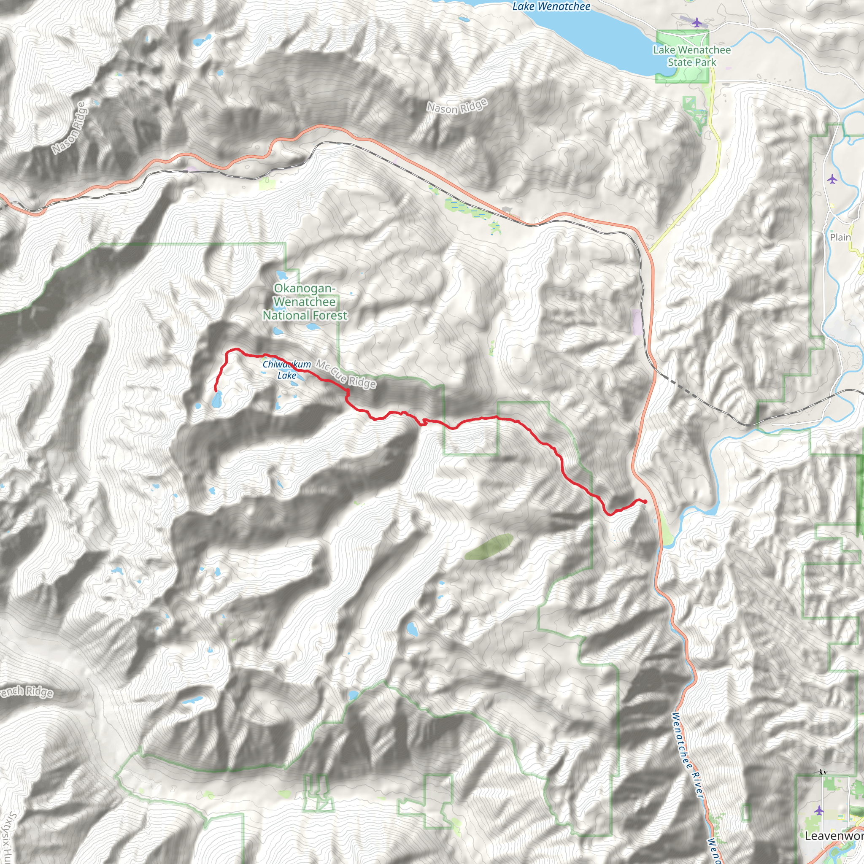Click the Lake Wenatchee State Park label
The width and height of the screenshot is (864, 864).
pyautogui.click(x=691, y=57)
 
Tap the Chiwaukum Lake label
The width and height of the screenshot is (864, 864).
pyautogui.click(x=286, y=370)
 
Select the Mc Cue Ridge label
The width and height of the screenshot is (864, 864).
pyautogui.click(x=346, y=374)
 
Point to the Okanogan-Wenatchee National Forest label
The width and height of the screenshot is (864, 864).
pyautogui.click(x=305, y=302)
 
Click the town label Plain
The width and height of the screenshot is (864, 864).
pyautogui.click(x=840, y=238)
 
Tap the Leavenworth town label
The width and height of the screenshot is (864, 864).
pyautogui.click(x=834, y=836)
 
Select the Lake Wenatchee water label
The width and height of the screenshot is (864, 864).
pyautogui.click(x=551, y=7)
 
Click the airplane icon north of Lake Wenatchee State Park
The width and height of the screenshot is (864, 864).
pyautogui.click(x=696, y=22)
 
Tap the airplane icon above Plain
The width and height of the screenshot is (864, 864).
pyautogui.click(x=832, y=179)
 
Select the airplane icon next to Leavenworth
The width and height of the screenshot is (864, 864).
pyautogui.click(x=819, y=810)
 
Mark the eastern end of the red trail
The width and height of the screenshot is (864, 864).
pyautogui.click(x=645, y=502)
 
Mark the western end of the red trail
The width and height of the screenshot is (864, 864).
pyautogui.click(x=216, y=391)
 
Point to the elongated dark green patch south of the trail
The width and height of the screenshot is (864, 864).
pyautogui.click(x=489, y=546)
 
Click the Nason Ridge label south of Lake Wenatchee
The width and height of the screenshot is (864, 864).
pyautogui.click(x=456, y=106)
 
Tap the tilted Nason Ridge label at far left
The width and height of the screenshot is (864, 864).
pyautogui.click(x=68, y=128)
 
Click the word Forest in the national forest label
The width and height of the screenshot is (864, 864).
pyautogui.click(x=326, y=316)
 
